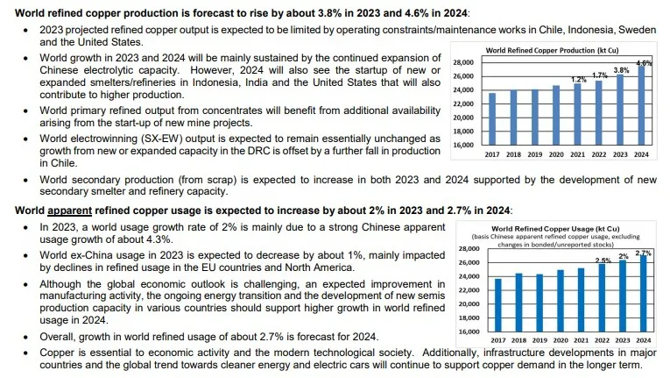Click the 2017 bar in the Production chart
pyautogui.click(x=492, y=119)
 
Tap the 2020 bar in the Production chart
pyautogui.click(x=556, y=115)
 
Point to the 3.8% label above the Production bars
pyautogui.click(x=621, y=70)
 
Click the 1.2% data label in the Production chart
pyautogui.click(x=578, y=80)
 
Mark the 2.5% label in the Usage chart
pyautogui.click(x=603, y=260)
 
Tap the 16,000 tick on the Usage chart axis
pyautogui.click(x=469, y=332)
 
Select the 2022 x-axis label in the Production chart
pyautogui.click(x=599, y=153)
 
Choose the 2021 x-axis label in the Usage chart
pyautogui.click(x=582, y=339)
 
